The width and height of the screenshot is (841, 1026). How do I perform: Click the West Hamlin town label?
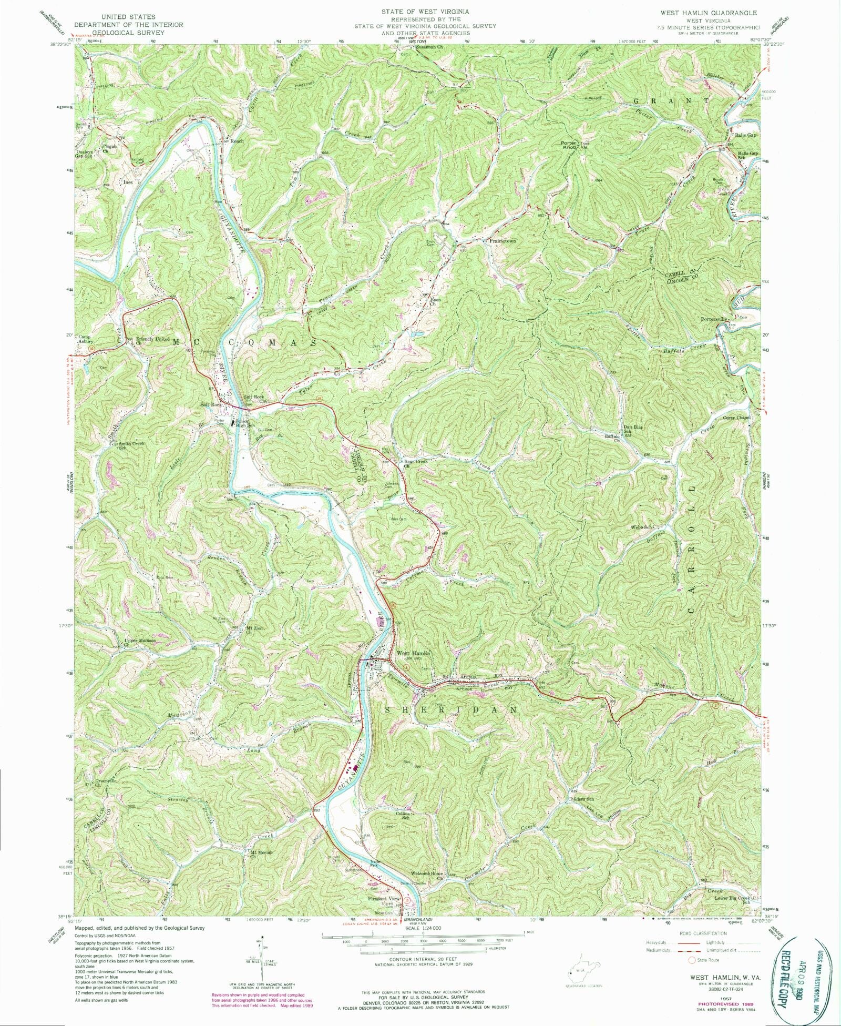coord(413,654)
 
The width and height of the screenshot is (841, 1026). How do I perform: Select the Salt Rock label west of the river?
coord(209,404)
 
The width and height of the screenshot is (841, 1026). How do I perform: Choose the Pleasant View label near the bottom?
coord(384,899)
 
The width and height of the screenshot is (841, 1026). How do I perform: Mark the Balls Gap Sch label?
coord(748,155)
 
